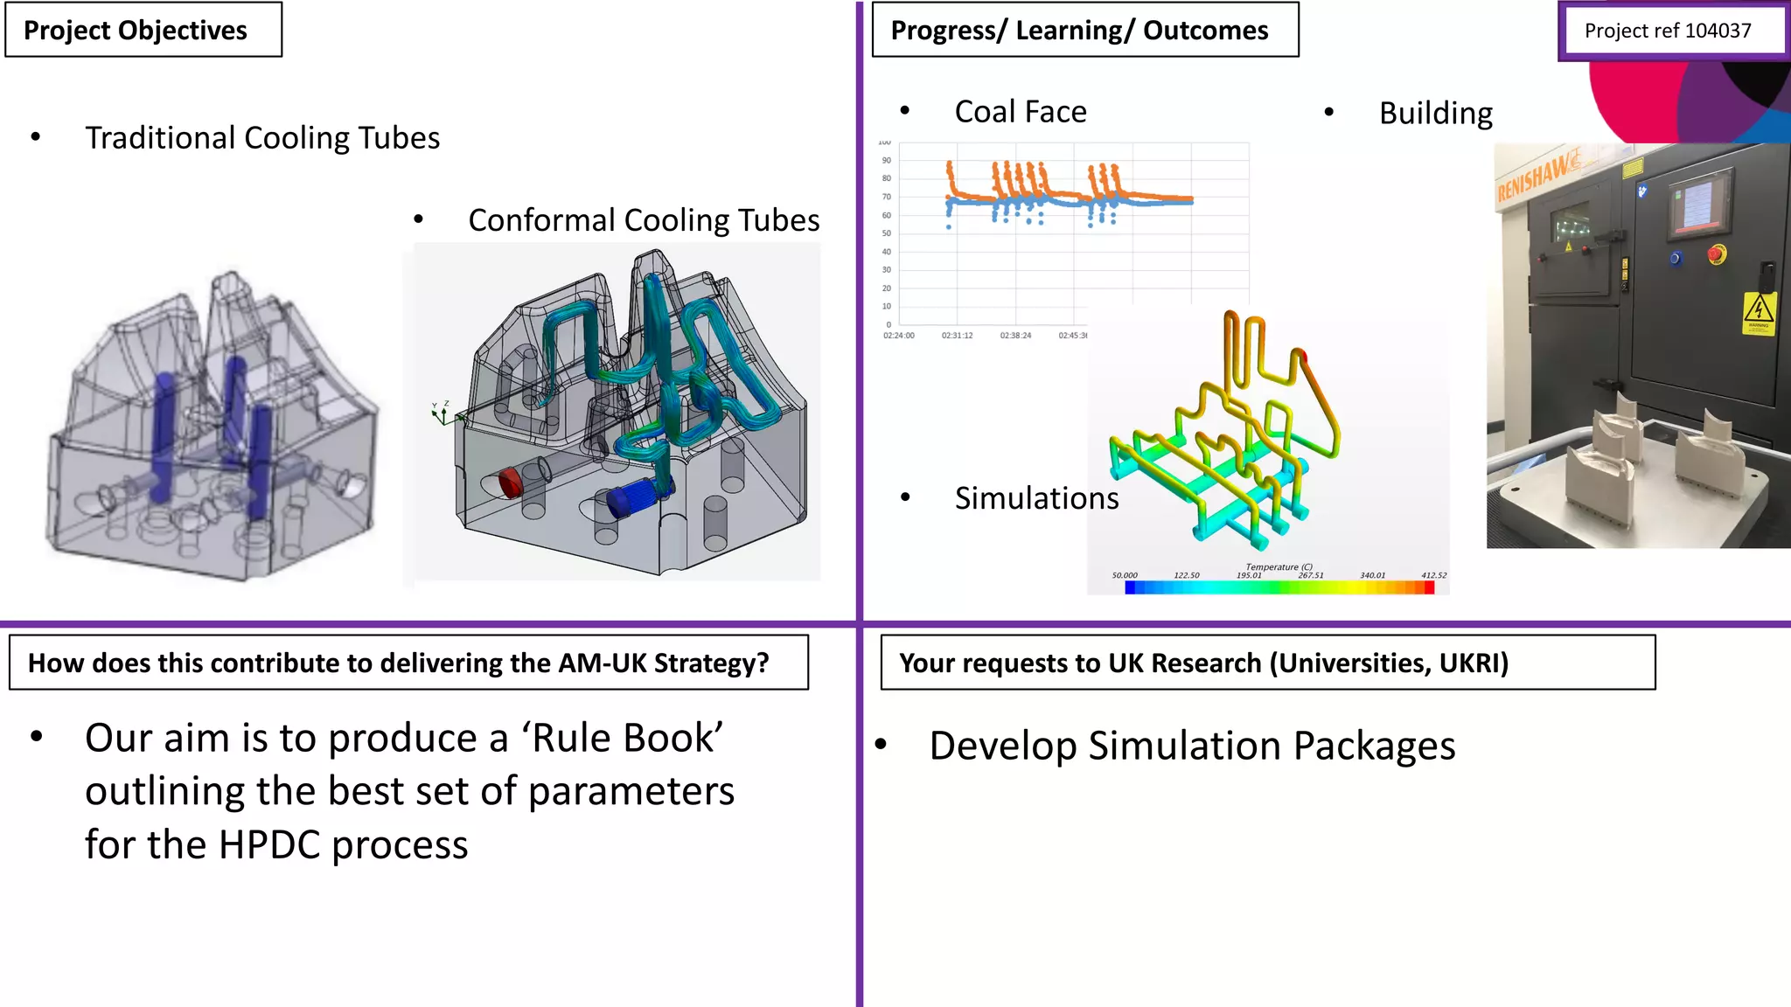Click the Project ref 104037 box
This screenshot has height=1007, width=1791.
point(1668,31)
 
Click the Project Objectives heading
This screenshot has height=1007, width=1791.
point(136,31)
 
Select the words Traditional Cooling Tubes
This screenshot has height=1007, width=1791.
point(262,138)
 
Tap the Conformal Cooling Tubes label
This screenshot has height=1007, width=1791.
point(644,220)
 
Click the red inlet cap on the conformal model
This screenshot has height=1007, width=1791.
point(510,483)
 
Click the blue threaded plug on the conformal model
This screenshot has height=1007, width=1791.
point(632,500)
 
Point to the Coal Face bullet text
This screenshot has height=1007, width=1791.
point(1021,112)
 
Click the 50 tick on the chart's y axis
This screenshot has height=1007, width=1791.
point(887,233)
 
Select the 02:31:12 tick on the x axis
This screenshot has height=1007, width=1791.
point(957,336)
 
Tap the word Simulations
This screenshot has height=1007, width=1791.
point(1036,498)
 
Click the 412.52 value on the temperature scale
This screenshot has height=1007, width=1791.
point(1433,575)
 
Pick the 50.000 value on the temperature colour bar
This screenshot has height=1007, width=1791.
point(1125,575)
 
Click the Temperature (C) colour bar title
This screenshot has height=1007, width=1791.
point(1279,567)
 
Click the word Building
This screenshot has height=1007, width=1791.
point(1436,114)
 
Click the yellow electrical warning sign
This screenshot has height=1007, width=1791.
point(1759,313)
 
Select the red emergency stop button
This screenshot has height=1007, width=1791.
point(1717,255)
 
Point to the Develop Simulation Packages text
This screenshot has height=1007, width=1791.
point(1192,747)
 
